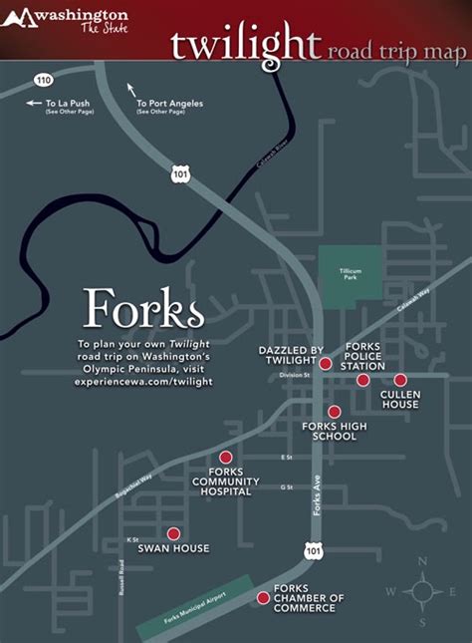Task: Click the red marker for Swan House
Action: [x=173, y=533]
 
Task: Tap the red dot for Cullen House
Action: [x=400, y=380]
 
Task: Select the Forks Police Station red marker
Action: [x=363, y=380]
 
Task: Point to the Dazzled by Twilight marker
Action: [x=326, y=364]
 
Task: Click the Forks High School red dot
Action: [x=335, y=412]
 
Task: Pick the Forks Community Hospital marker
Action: [x=226, y=458]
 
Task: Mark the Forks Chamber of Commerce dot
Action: [x=263, y=598]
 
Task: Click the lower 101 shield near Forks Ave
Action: [x=315, y=550]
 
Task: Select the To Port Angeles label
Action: [x=162, y=103]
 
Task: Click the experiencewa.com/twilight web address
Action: [x=144, y=381]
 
